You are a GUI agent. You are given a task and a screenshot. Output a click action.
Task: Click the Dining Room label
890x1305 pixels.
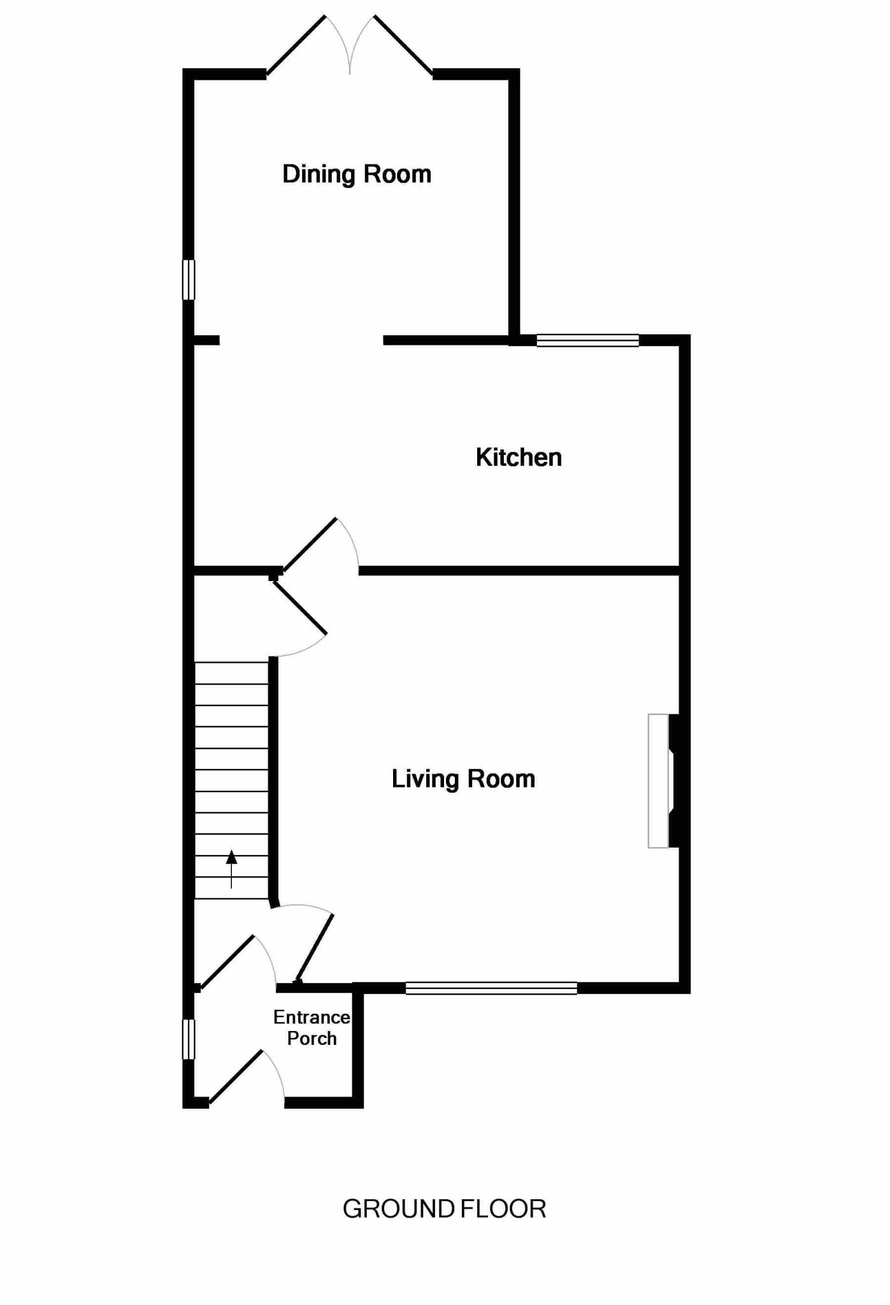pyautogui.click(x=356, y=174)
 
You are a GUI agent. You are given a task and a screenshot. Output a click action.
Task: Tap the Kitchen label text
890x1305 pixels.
pyautogui.click(x=519, y=458)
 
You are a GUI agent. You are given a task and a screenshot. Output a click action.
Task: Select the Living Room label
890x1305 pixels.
pyautogui.click(x=463, y=779)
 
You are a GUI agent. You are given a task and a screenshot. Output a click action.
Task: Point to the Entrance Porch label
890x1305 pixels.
pyautogui.click(x=312, y=1027)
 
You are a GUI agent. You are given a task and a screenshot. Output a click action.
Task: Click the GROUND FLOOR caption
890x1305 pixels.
pyautogui.click(x=444, y=1209)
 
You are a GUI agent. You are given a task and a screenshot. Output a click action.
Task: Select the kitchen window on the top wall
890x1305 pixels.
pyautogui.click(x=587, y=340)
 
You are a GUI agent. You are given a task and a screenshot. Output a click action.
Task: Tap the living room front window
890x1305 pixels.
pyautogui.click(x=491, y=988)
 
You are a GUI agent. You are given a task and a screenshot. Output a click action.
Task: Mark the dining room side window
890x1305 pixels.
pyautogui.click(x=189, y=279)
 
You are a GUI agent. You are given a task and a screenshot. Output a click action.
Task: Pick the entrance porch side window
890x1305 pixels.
pyautogui.click(x=189, y=1039)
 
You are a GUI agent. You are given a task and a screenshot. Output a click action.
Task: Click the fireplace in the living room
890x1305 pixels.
pyautogui.click(x=663, y=781)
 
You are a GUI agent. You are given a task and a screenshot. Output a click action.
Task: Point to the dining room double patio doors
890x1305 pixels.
pyautogui.click(x=350, y=45)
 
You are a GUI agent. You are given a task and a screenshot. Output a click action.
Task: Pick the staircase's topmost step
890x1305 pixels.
pyautogui.click(x=231, y=674)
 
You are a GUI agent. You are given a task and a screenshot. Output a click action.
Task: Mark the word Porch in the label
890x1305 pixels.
pyautogui.click(x=312, y=1038)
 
